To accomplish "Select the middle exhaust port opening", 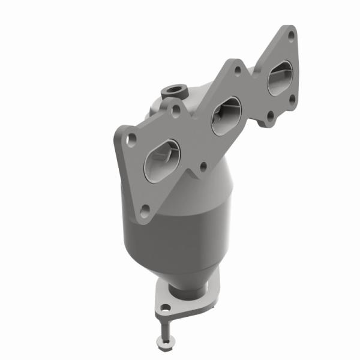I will pyautogui.click(x=226, y=114).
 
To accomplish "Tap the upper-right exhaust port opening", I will pyautogui.click(x=280, y=79).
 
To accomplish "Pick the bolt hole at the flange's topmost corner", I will pyautogui.click(x=291, y=35).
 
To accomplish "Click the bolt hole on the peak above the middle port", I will pyautogui.click(x=238, y=70).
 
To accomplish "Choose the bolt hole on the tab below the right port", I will pyautogui.click(x=269, y=116).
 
